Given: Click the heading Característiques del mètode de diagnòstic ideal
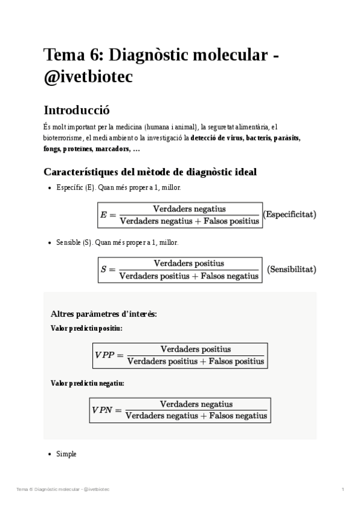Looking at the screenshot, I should [150, 172].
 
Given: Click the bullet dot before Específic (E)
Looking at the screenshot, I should [49, 188].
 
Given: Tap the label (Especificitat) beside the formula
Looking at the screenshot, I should [290, 214].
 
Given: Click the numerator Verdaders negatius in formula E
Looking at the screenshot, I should [190, 209].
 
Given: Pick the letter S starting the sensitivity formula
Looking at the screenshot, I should [104, 270].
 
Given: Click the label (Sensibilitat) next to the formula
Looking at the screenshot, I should [291, 270].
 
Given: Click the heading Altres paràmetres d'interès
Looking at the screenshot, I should [104, 314].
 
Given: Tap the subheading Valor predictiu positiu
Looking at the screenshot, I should [86, 328].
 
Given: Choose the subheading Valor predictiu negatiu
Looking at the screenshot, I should [87, 383].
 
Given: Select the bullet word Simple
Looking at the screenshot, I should [66, 454].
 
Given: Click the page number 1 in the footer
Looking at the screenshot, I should [343, 490].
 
